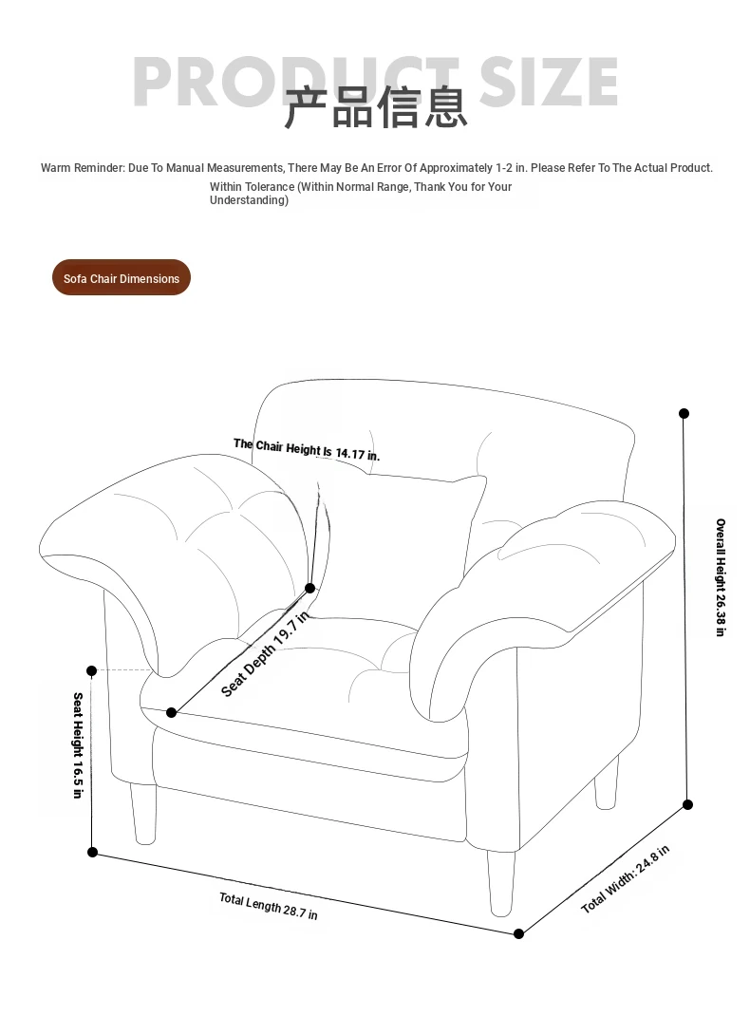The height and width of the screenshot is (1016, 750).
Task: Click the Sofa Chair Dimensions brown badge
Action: pos(122,278)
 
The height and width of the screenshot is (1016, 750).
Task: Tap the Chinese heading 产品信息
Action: pos(376,107)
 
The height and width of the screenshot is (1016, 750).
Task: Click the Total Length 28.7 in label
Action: pos(269,906)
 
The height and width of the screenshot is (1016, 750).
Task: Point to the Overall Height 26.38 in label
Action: pos(721,577)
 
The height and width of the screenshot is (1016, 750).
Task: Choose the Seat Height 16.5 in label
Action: pos(79,745)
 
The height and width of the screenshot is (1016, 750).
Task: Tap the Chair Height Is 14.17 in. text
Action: pos(307,449)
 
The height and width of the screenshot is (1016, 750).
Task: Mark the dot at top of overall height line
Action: pos(684,413)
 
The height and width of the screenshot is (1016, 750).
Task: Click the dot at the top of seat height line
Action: pos(92,670)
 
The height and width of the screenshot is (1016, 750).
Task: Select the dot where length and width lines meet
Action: pos(519,933)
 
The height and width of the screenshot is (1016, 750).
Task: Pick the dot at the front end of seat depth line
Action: pos(172,712)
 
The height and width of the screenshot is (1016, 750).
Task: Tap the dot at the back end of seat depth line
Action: pos(309,589)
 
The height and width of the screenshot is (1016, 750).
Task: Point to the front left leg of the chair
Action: pos(143,815)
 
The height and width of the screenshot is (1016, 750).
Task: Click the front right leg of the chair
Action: pos(501,881)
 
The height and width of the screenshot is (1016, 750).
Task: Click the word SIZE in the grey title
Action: pos(549,82)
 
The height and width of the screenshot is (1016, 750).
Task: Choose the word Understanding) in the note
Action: pos(249,200)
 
